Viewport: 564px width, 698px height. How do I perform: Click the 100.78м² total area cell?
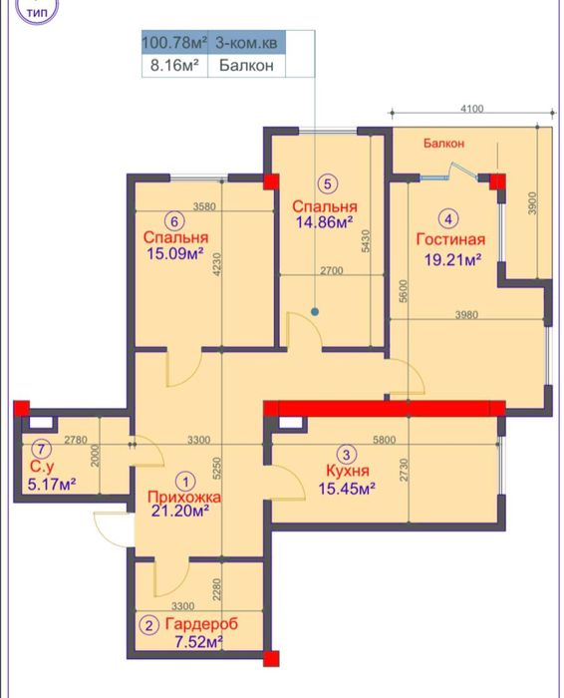[x=174, y=43]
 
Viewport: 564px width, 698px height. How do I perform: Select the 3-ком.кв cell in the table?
[x=246, y=43]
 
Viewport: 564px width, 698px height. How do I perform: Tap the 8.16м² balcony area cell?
[x=174, y=66]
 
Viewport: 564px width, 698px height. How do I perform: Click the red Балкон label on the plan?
[x=443, y=144]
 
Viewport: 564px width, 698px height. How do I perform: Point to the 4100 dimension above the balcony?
[x=472, y=108]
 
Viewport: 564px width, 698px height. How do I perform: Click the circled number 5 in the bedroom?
[x=328, y=183]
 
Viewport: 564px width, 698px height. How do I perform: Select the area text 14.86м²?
[x=325, y=221]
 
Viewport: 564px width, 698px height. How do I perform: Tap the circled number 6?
[x=174, y=221]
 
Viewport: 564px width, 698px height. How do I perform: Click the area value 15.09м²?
[x=175, y=253]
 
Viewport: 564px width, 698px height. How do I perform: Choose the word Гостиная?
[x=450, y=239]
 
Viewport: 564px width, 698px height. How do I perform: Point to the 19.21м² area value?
[x=452, y=259]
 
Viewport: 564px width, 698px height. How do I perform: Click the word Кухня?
[x=348, y=471]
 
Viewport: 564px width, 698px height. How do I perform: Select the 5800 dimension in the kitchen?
[x=385, y=440]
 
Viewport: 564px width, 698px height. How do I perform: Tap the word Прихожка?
[x=184, y=497]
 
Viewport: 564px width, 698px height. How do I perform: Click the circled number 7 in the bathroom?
[x=41, y=449]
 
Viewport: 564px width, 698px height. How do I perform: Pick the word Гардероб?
[x=201, y=623]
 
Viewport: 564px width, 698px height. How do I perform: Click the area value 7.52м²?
[x=199, y=642]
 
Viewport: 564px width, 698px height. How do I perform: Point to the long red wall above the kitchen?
[x=385, y=408]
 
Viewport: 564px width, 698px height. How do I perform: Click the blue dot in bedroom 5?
[x=315, y=311]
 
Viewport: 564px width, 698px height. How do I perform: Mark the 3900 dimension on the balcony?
[x=532, y=203]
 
